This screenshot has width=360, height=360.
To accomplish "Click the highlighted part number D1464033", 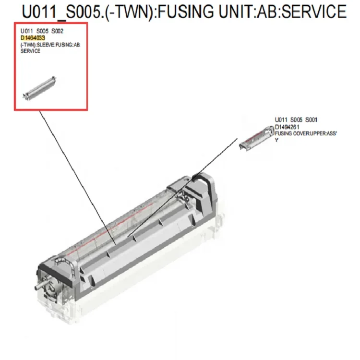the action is point(33,38).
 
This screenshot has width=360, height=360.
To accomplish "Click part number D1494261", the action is point(287,127).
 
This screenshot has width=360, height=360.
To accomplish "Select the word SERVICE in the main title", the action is point(314,12).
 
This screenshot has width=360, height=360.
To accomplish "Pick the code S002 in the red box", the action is point(58,31).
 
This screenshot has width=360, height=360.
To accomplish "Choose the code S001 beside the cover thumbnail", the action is point(312,120).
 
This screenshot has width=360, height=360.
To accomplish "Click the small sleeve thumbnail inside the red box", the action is point(39,89).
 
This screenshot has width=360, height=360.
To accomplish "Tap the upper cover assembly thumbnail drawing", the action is point(256,138).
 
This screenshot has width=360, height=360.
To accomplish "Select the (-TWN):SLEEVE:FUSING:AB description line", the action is point(50,45).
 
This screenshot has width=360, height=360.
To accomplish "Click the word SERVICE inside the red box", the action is point(30,51).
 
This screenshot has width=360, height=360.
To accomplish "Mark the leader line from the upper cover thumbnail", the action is point(182,187).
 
